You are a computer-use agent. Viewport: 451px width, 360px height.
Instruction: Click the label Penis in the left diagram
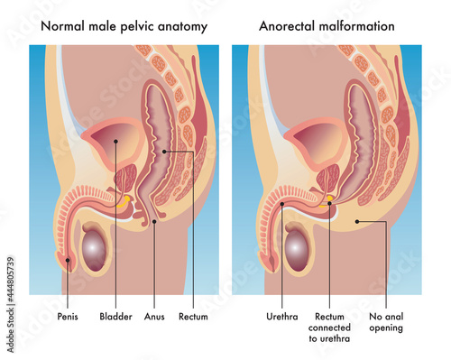pyautogui.click(x=68, y=317)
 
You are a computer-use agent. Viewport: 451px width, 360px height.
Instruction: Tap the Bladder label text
pyautogui.click(x=116, y=317)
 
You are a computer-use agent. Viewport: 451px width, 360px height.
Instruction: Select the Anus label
pyautogui.click(x=154, y=317)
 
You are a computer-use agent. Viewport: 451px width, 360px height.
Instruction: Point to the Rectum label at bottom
pyautogui.click(x=193, y=317)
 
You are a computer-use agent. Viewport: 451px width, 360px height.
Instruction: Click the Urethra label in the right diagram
pyautogui.click(x=282, y=317)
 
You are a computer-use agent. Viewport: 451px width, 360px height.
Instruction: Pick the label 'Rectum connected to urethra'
pyautogui.click(x=332, y=328)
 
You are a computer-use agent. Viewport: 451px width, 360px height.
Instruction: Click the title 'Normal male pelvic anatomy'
pyautogui.click(x=124, y=26)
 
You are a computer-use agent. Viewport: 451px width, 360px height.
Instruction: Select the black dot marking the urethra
pyautogui.click(x=282, y=205)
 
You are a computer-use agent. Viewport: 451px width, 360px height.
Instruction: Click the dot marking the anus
pyautogui.click(x=154, y=220)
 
